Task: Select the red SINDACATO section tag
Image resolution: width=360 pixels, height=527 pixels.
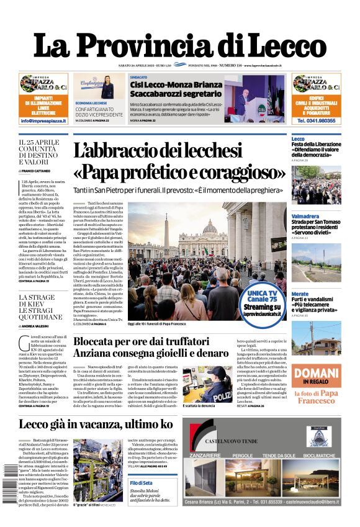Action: pyautogui.click(x=138, y=77)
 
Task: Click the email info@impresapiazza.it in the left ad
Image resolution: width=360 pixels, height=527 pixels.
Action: pyautogui.click(x=43, y=121)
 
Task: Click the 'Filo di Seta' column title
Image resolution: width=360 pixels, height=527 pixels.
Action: pyautogui.click(x=142, y=483)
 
